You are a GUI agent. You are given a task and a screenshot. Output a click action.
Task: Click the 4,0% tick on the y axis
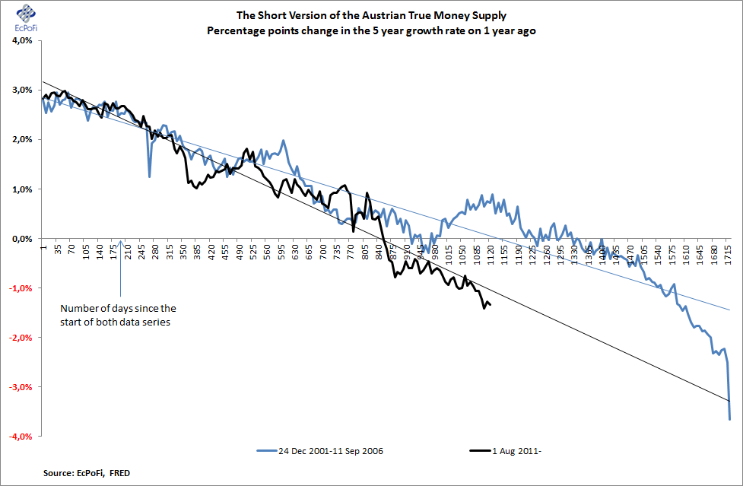coord(22,41)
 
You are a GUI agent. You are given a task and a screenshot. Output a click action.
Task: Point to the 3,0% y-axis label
coord(22,91)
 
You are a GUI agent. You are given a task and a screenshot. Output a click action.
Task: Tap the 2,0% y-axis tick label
coord(22,140)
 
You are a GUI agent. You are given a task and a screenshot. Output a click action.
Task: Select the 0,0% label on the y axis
coord(22,239)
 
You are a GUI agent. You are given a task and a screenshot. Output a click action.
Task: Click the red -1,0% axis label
coord(21,288)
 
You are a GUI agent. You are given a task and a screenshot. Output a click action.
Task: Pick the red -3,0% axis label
coord(21,387)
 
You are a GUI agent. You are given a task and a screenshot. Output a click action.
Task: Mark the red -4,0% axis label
coord(21,437)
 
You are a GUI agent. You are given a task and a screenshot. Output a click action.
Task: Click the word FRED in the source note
coord(118,474)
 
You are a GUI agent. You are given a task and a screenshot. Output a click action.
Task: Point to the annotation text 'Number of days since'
coord(118,308)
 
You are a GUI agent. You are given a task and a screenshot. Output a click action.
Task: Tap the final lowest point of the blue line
coord(729,419)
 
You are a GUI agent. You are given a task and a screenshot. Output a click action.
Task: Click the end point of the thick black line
coord(490,305)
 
